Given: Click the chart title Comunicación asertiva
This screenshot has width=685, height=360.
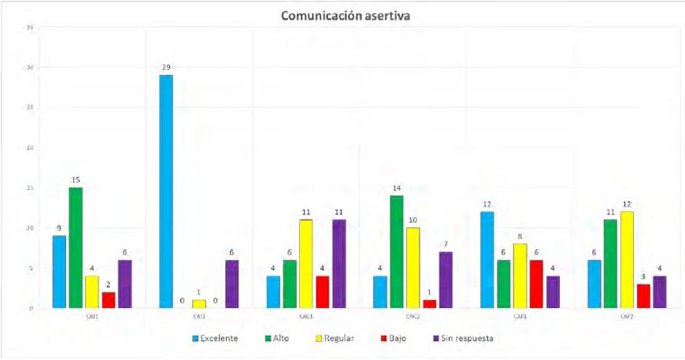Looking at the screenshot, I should tap(342, 14).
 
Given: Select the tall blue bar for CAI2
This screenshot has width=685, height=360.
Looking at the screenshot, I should tap(165, 191).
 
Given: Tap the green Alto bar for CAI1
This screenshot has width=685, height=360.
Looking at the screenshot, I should tap(75, 247).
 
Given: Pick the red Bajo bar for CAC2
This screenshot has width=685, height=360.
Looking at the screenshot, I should tap(428, 303).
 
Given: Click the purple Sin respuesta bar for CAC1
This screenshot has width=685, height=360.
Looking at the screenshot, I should tap(338, 263).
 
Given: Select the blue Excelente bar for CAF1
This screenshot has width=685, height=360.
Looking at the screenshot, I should tap(487, 259).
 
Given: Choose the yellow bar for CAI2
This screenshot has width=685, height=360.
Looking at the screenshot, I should tap(198, 303).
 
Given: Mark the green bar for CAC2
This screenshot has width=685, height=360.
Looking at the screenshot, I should tap(396, 251).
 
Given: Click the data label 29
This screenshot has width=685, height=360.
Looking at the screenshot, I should tap(166, 68).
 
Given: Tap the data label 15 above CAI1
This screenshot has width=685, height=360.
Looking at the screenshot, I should tap(76, 180).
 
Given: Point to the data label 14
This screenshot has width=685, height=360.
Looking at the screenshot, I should tap(396, 188).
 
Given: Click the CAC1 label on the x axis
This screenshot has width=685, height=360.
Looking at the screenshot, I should tap(305, 316).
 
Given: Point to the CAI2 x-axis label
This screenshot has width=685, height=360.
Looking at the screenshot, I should tap(198, 316).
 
